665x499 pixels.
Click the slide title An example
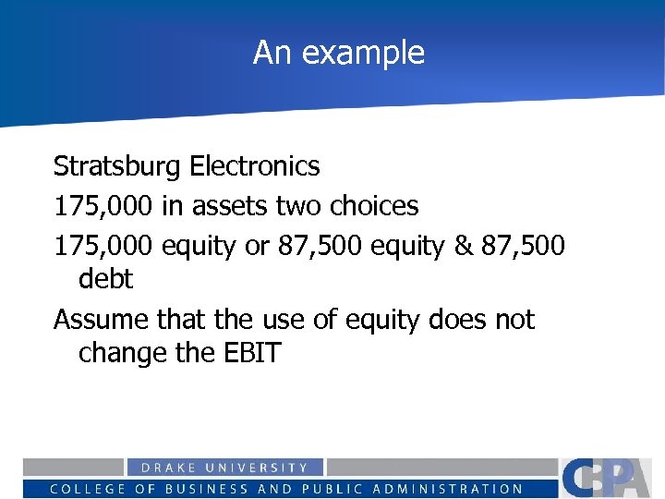[339, 53]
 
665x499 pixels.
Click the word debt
[106, 278]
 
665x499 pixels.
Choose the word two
[298, 205]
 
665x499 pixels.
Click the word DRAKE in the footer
[167, 469]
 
